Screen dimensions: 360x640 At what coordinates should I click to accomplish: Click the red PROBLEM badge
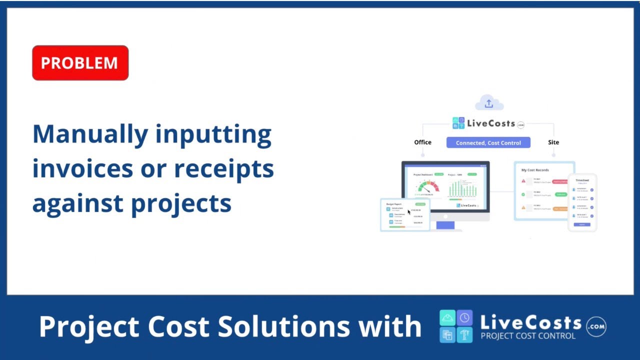coord(80,63)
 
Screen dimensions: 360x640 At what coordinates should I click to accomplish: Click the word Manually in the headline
coord(90,134)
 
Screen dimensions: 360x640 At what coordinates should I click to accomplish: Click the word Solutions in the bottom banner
coord(283,326)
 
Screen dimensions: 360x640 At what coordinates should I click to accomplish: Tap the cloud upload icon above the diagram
coord(488,103)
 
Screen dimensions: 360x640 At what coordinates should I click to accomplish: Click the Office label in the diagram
coord(422,142)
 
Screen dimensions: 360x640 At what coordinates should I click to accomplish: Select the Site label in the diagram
coord(553,142)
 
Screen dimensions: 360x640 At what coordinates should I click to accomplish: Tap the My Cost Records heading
coord(535,170)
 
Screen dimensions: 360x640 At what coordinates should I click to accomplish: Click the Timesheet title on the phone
coord(582,180)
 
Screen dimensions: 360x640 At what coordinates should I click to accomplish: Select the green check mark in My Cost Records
coord(523,194)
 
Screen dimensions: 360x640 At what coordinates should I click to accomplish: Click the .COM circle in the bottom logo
coord(596,326)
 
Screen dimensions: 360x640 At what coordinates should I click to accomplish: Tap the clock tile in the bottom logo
coord(464,318)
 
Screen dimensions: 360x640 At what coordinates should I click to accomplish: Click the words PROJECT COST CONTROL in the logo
coord(528,336)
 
